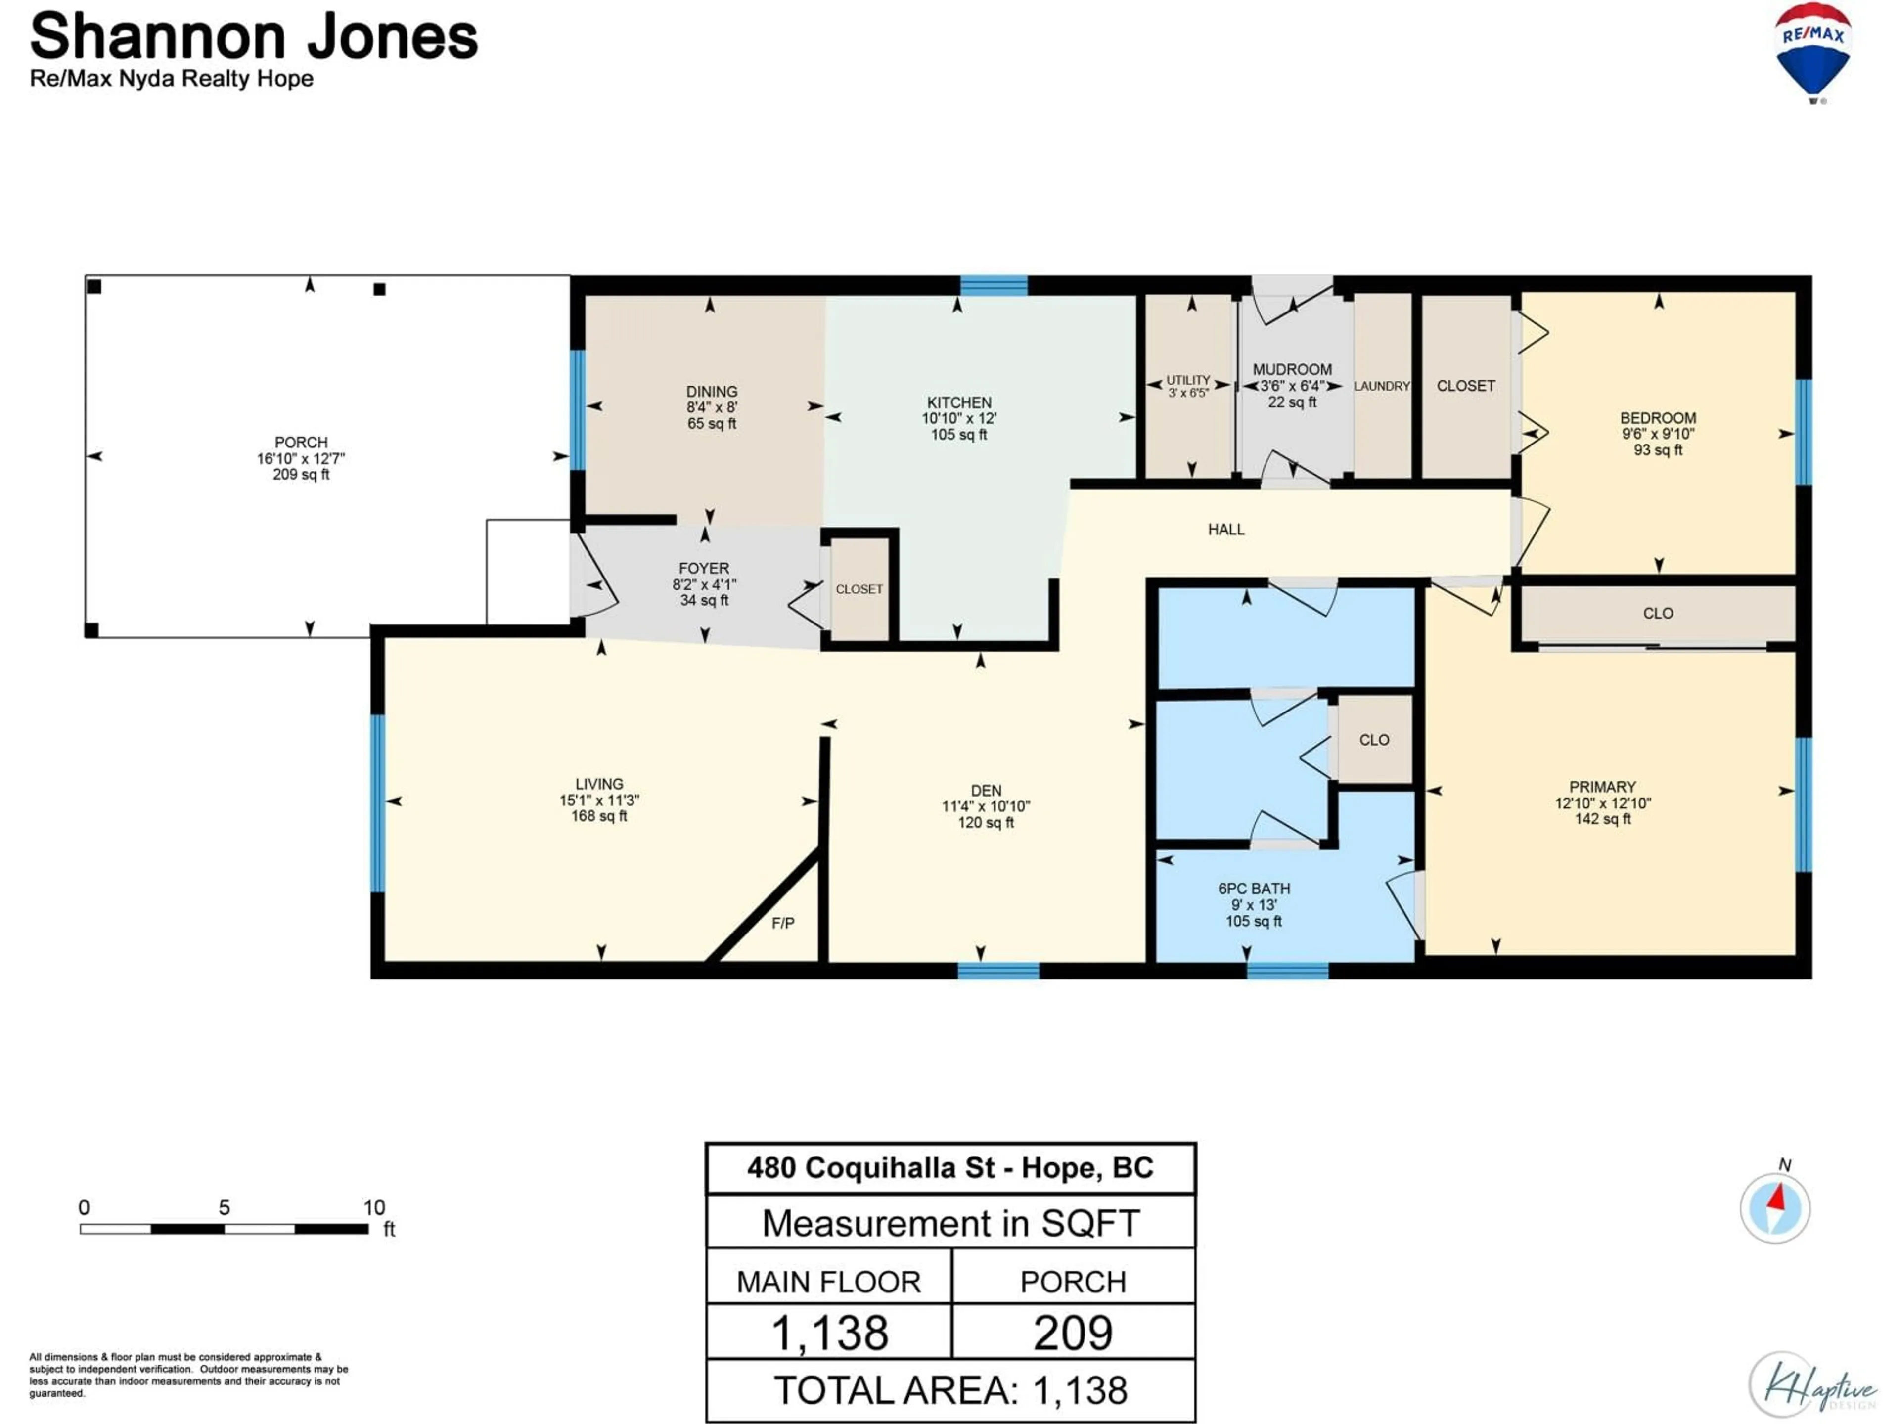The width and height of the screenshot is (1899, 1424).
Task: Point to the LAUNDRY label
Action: point(1381,386)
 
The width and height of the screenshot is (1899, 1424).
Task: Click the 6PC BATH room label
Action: point(1254,889)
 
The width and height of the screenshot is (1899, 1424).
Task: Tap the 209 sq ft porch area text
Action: point(301,475)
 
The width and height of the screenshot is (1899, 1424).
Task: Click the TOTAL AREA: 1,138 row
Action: point(950,1390)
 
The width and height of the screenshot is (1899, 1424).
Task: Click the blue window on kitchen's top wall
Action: point(994,285)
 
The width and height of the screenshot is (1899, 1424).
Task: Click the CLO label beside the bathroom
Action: point(1374,740)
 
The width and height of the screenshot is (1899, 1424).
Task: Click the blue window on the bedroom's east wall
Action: point(1804,432)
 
